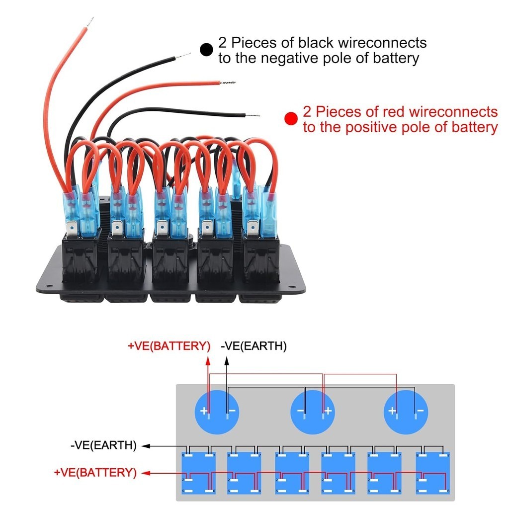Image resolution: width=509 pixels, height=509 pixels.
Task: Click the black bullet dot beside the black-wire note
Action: coord(206,49)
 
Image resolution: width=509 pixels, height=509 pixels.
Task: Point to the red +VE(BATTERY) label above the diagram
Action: coord(169,346)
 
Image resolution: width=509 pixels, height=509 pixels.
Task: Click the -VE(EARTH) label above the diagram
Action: coord(254,346)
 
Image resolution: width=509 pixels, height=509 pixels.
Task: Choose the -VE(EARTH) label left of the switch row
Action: coord(103,445)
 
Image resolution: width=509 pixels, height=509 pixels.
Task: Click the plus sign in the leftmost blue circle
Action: coord(203,411)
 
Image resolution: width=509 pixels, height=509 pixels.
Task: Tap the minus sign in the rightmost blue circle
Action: coord(421,411)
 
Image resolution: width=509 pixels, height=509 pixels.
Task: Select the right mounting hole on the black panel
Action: coord(291,285)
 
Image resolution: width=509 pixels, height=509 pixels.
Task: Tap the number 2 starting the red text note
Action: coord(307,111)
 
